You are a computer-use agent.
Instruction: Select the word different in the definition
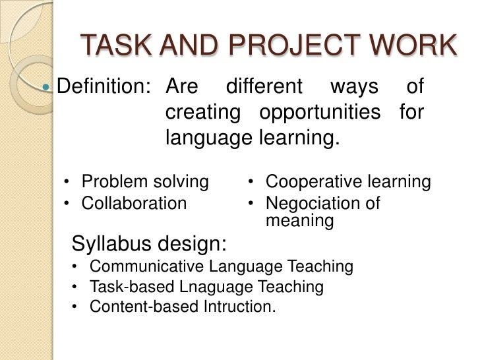point(264,86)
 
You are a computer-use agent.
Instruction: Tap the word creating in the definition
point(202,113)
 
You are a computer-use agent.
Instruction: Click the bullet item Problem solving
point(144,181)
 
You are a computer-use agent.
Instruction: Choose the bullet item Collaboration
point(134,203)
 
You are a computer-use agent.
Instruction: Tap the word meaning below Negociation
point(299,221)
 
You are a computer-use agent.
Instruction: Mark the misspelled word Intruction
point(242,307)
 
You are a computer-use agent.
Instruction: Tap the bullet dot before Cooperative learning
point(252,182)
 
